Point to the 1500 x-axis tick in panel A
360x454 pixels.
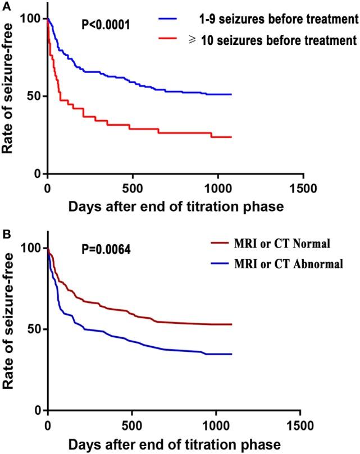click(303, 186)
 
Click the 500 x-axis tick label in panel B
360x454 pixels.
click(132, 423)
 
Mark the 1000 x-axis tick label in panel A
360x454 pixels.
click(218, 186)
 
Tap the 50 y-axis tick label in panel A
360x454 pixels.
click(36, 96)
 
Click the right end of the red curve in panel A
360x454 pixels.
click(231, 137)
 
